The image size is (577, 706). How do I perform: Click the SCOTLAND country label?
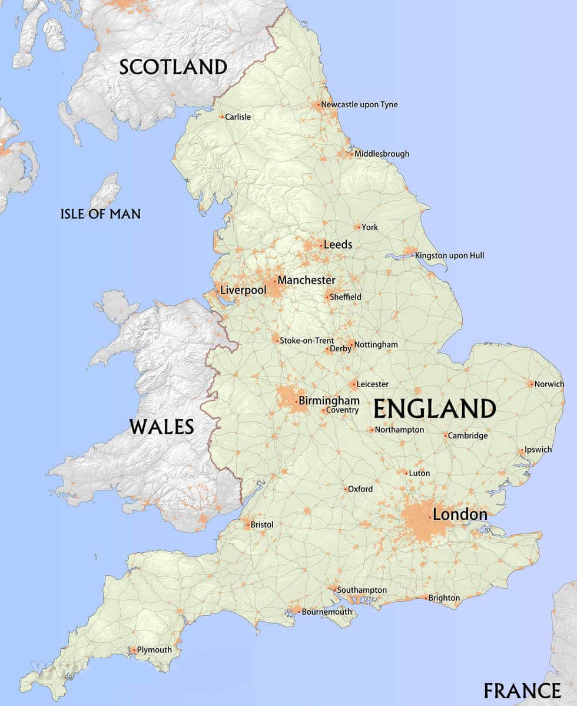(x=173, y=67)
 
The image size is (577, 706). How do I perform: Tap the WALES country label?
(x=162, y=426)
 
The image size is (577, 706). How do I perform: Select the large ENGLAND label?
(x=435, y=408)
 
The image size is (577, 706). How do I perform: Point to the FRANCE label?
(x=522, y=690)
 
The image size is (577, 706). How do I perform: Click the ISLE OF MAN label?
(x=101, y=213)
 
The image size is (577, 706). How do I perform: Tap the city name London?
(x=460, y=514)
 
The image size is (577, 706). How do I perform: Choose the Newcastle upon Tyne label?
(x=359, y=105)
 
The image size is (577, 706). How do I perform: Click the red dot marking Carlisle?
(x=222, y=117)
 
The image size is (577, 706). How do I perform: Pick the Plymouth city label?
(x=154, y=650)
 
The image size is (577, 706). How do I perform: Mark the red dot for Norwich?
(x=531, y=384)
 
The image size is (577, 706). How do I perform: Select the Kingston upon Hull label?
(x=450, y=256)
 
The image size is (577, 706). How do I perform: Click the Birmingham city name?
(x=329, y=401)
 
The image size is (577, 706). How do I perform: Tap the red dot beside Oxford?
(x=345, y=489)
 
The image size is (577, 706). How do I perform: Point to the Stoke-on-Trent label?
(x=306, y=341)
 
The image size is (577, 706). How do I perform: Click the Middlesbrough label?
(x=382, y=154)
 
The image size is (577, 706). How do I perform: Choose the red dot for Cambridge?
(x=445, y=436)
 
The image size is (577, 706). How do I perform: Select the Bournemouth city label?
(x=327, y=612)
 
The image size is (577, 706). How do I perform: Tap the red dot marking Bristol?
(x=248, y=524)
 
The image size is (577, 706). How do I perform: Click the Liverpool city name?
(x=243, y=291)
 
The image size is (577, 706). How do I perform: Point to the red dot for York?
(x=358, y=227)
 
